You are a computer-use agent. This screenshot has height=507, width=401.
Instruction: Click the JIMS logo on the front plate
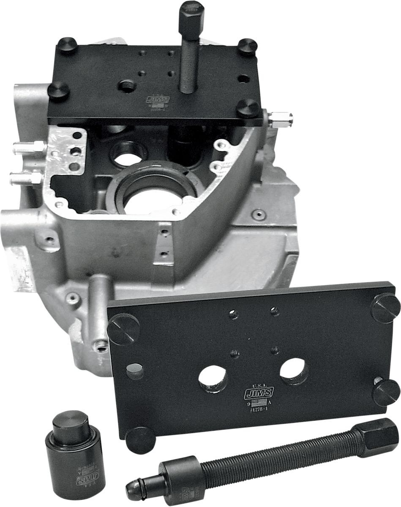point(259,393)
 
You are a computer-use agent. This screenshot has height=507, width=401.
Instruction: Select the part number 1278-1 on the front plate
point(258,410)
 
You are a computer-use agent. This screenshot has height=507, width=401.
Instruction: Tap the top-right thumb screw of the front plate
point(385,308)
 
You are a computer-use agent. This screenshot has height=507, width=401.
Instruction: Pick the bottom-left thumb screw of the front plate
point(140,440)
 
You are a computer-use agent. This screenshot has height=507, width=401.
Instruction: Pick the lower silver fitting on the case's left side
point(25,177)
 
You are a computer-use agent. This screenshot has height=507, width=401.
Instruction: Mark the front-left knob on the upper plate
point(59,90)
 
